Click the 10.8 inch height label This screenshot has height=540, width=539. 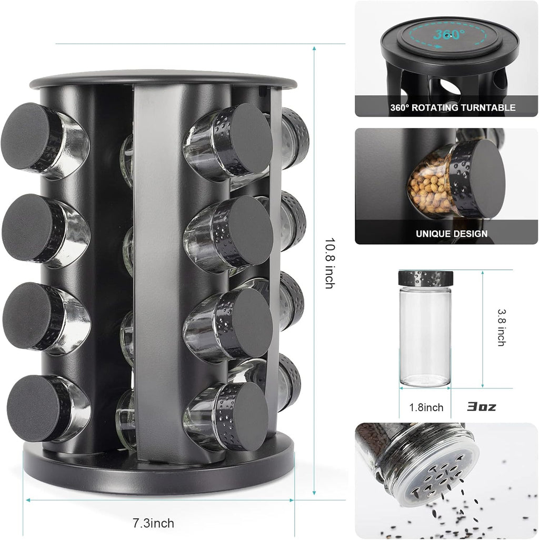point(329,263)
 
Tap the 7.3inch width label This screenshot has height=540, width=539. point(153,523)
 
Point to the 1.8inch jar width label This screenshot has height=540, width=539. point(426,407)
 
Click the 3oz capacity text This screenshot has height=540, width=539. point(481,407)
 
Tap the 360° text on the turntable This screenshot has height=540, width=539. point(449,35)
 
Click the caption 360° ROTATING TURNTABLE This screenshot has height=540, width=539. point(453,108)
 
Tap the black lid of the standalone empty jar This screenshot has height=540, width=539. point(426,276)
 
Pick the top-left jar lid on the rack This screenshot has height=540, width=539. point(26,129)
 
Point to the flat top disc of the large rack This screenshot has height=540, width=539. point(163,79)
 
